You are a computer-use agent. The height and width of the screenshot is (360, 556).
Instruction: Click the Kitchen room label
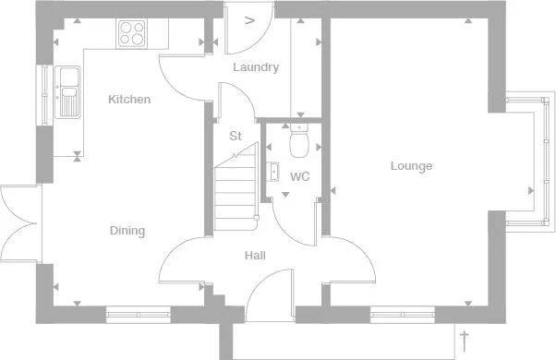point(128,99)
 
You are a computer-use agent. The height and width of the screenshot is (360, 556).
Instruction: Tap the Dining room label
point(127,231)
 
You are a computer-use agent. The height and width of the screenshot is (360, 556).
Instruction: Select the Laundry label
point(256,67)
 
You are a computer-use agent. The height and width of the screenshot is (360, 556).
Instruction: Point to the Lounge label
point(411,166)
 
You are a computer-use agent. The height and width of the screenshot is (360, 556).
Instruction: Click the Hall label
point(256,255)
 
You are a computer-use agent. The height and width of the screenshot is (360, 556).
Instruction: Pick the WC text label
point(300,175)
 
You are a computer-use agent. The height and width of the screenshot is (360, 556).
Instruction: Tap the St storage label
point(236,137)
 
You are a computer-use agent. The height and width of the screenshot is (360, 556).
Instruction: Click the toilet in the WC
point(298,142)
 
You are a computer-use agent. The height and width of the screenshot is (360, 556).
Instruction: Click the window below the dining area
point(139,315)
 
